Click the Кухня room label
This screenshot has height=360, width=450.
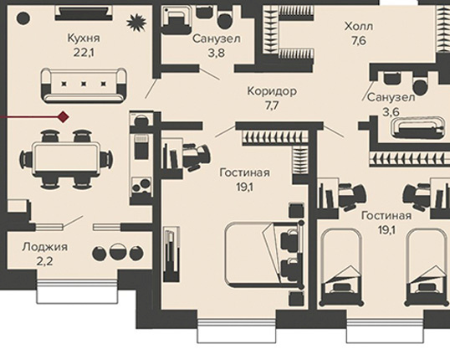84,39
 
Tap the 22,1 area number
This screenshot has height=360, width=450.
84,53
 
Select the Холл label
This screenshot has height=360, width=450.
359,27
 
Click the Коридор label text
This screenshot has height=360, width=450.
272,91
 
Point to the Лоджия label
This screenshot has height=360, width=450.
45,247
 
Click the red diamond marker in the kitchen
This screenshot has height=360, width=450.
64,117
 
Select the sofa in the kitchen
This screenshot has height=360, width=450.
84,85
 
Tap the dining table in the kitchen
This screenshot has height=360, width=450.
66,158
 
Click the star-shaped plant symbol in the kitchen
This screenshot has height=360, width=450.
136,23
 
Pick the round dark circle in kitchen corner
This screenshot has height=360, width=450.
23,18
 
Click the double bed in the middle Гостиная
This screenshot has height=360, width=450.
264,255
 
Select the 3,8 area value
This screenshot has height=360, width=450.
217,54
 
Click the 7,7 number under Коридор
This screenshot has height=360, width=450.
272,106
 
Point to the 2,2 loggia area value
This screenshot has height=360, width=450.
44,261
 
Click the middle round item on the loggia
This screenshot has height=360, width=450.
118,253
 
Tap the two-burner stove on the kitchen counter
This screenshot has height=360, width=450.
141,186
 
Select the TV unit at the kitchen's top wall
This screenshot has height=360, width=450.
84,13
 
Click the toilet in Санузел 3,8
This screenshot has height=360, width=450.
225,19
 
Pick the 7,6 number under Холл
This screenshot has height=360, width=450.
359,41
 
